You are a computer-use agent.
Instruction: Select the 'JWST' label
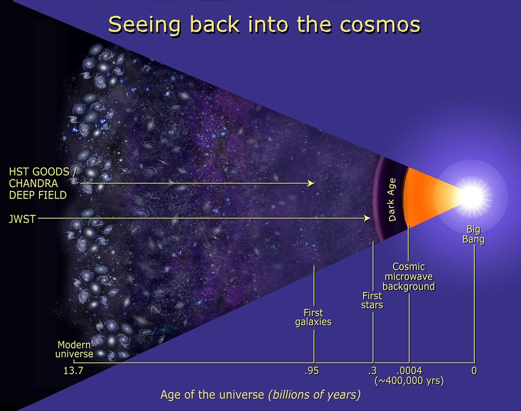coord(22,219)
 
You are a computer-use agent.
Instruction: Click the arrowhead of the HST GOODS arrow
coord(311,183)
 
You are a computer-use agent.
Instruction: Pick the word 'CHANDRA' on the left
coord(33,183)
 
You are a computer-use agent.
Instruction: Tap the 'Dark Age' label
coord(392,200)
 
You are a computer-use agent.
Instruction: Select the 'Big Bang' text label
coord(473,234)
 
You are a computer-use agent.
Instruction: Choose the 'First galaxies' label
coord(313,317)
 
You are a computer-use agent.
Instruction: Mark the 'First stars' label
coord(372,300)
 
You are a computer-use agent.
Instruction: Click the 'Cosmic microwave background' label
coord(409,277)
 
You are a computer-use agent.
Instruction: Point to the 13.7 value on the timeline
coord(73,370)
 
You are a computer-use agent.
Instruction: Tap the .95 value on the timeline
coord(312,371)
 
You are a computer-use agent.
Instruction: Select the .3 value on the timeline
coord(373,371)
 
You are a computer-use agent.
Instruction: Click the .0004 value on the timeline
coord(409,371)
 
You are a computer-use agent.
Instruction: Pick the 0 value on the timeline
coord(474,371)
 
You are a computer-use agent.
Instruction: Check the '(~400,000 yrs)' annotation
coord(409,381)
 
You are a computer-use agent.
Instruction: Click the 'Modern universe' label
coord(74,349)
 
